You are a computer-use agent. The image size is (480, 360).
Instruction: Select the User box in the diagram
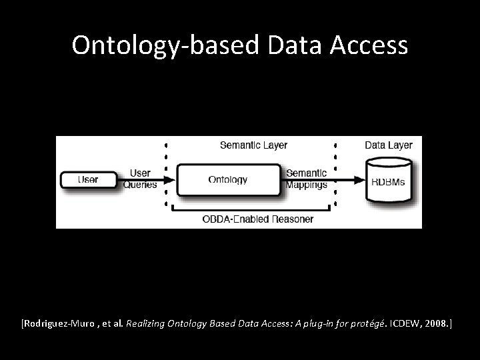tap(88, 179)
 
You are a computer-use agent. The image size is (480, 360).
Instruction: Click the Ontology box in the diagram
tap(227, 179)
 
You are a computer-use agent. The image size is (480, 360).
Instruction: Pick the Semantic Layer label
tap(253, 145)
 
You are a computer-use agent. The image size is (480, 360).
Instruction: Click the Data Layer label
tap(389, 145)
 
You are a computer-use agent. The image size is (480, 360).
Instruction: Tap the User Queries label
tap(140, 179)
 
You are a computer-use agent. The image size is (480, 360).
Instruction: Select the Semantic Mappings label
tap(306, 179)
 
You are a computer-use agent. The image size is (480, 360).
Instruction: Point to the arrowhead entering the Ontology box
tap(171, 179)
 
